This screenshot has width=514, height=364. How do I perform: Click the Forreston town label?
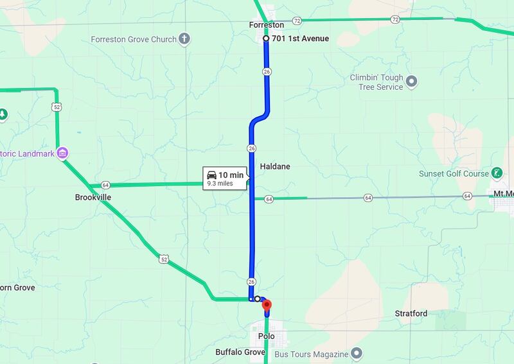(266, 25)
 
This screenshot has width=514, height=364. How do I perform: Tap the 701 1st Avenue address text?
(301, 39)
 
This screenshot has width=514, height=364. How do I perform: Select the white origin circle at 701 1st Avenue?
(266, 39)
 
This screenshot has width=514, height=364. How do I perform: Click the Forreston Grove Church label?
(134, 39)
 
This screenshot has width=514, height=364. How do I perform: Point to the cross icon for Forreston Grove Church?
(184, 39)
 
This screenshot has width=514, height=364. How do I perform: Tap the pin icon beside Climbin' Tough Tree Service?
(412, 82)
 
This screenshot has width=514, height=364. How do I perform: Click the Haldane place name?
(275, 167)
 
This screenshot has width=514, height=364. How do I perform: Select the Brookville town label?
(93, 198)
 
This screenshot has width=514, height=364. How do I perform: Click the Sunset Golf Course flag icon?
(497, 173)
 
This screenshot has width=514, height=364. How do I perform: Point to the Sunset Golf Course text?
(454, 173)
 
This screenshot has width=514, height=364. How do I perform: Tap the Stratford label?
(411, 314)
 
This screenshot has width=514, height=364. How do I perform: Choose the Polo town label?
(266, 336)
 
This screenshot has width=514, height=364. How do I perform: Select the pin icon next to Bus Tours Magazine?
(358, 354)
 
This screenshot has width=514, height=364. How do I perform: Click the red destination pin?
(267, 306)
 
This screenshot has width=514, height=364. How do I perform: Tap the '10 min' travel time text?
(231, 175)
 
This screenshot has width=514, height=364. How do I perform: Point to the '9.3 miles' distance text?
(220, 184)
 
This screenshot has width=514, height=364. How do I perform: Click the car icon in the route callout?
(211, 175)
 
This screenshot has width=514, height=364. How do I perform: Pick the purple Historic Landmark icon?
(63, 153)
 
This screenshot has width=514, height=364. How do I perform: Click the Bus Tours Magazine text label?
(311, 354)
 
